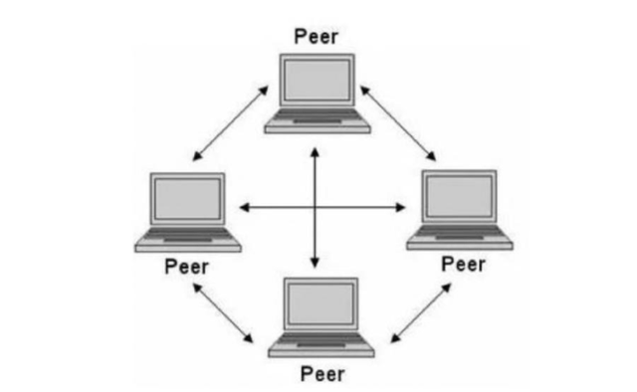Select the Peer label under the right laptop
[463, 264]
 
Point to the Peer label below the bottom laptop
[322, 374]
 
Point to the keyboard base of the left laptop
[188, 240]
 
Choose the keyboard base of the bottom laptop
[322, 346]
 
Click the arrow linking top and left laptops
[231, 122]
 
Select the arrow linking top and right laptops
[399, 122]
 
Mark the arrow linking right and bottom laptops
[419, 311]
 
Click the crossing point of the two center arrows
[316, 207]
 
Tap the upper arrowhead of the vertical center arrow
[316, 152]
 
